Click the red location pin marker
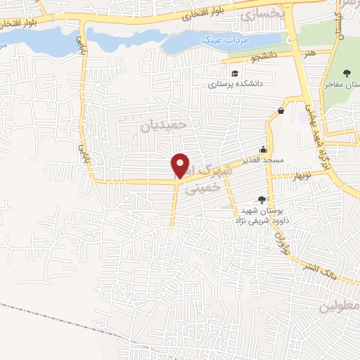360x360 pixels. click(181, 165)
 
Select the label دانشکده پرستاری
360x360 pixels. click(234, 83)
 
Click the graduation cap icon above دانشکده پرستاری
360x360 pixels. click(234, 72)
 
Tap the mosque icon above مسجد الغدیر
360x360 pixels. click(263, 149)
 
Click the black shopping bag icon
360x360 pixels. click(281, 110)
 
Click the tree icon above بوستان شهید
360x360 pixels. click(262, 200)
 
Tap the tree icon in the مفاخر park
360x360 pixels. click(347, 72)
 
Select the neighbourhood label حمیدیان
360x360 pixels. click(167, 124)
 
